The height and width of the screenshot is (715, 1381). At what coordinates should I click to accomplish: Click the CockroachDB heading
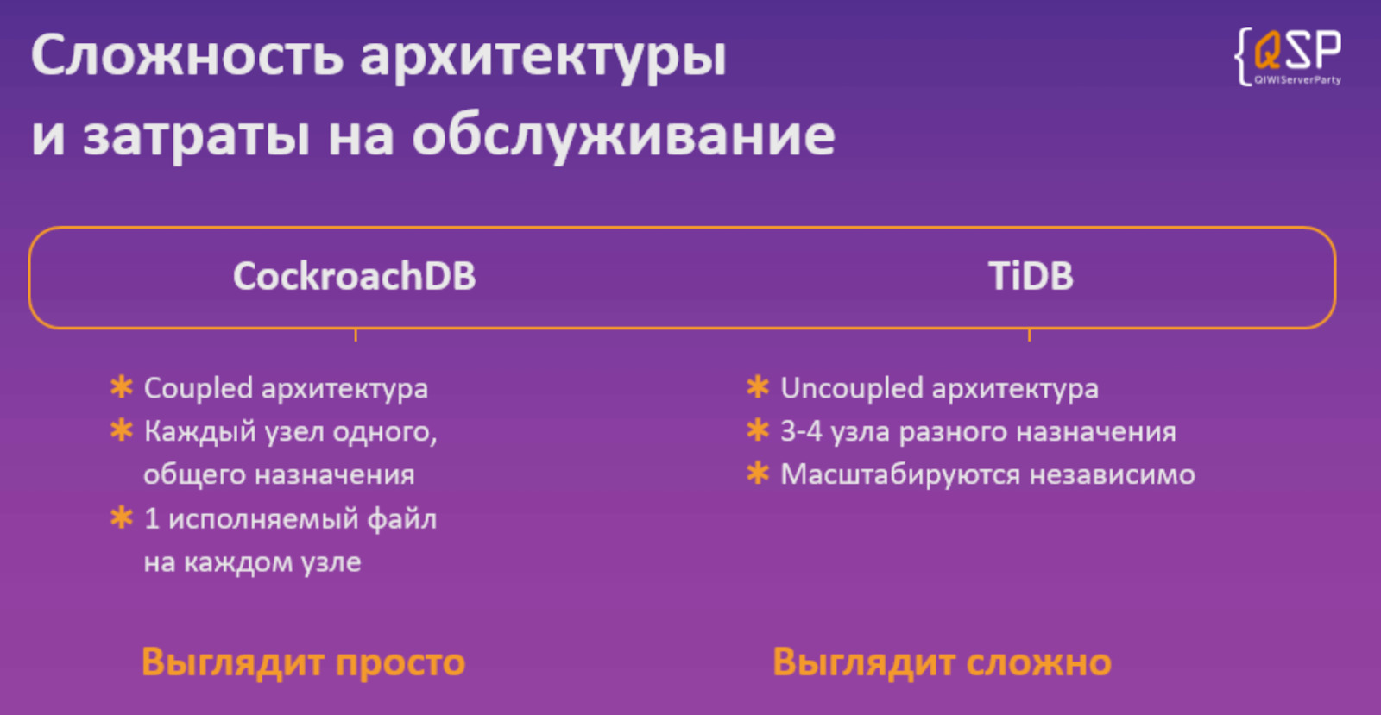tap(354, 277)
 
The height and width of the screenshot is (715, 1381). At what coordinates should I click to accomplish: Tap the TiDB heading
tap(1031, 277)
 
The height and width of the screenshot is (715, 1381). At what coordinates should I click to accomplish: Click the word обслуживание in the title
tap(623, 136)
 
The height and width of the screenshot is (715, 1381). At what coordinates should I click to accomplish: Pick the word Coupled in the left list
tap(198, 389)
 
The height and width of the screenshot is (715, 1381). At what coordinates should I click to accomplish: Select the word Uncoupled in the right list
tap(851, 389)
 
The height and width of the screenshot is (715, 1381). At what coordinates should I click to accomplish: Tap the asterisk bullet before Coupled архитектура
tap(122, 387)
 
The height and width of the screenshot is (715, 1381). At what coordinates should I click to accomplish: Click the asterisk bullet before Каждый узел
tap(122, 430)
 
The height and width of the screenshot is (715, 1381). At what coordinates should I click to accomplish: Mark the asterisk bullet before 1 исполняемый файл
tap(122, 517)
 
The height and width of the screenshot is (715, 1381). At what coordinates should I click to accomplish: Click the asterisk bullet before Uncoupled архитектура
tap(758, 387)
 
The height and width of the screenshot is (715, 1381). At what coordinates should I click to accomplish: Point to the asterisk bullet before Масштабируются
tap(758, 473)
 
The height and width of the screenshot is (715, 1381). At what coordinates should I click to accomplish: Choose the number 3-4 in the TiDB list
tap(801, 431)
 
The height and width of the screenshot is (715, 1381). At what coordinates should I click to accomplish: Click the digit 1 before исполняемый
tap(152, 519)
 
